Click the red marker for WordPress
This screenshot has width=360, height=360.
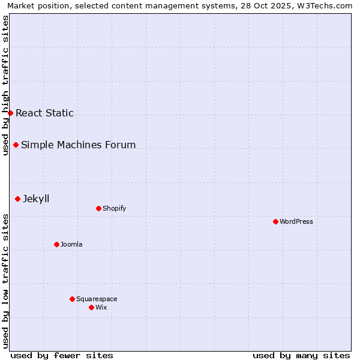275,221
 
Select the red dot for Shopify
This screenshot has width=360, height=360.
98,208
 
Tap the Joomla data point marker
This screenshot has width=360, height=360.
56,244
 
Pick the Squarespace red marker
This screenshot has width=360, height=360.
72,299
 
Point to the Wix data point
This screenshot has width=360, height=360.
91,307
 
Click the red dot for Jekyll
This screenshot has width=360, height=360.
17,199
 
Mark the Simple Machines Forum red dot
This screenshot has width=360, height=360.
16,145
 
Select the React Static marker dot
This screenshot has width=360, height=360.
10,113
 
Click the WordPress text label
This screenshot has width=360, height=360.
296,221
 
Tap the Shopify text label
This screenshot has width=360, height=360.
115,208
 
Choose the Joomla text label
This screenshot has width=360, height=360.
71,244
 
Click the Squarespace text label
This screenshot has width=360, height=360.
97,299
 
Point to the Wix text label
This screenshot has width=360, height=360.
101,307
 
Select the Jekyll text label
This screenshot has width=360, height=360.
36,199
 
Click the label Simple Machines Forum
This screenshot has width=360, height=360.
79,145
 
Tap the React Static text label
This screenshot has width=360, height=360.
44,113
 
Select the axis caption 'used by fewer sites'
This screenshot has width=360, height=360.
62,355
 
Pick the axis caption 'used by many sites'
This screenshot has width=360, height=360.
301,355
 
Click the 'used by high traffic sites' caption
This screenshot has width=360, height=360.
5,85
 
